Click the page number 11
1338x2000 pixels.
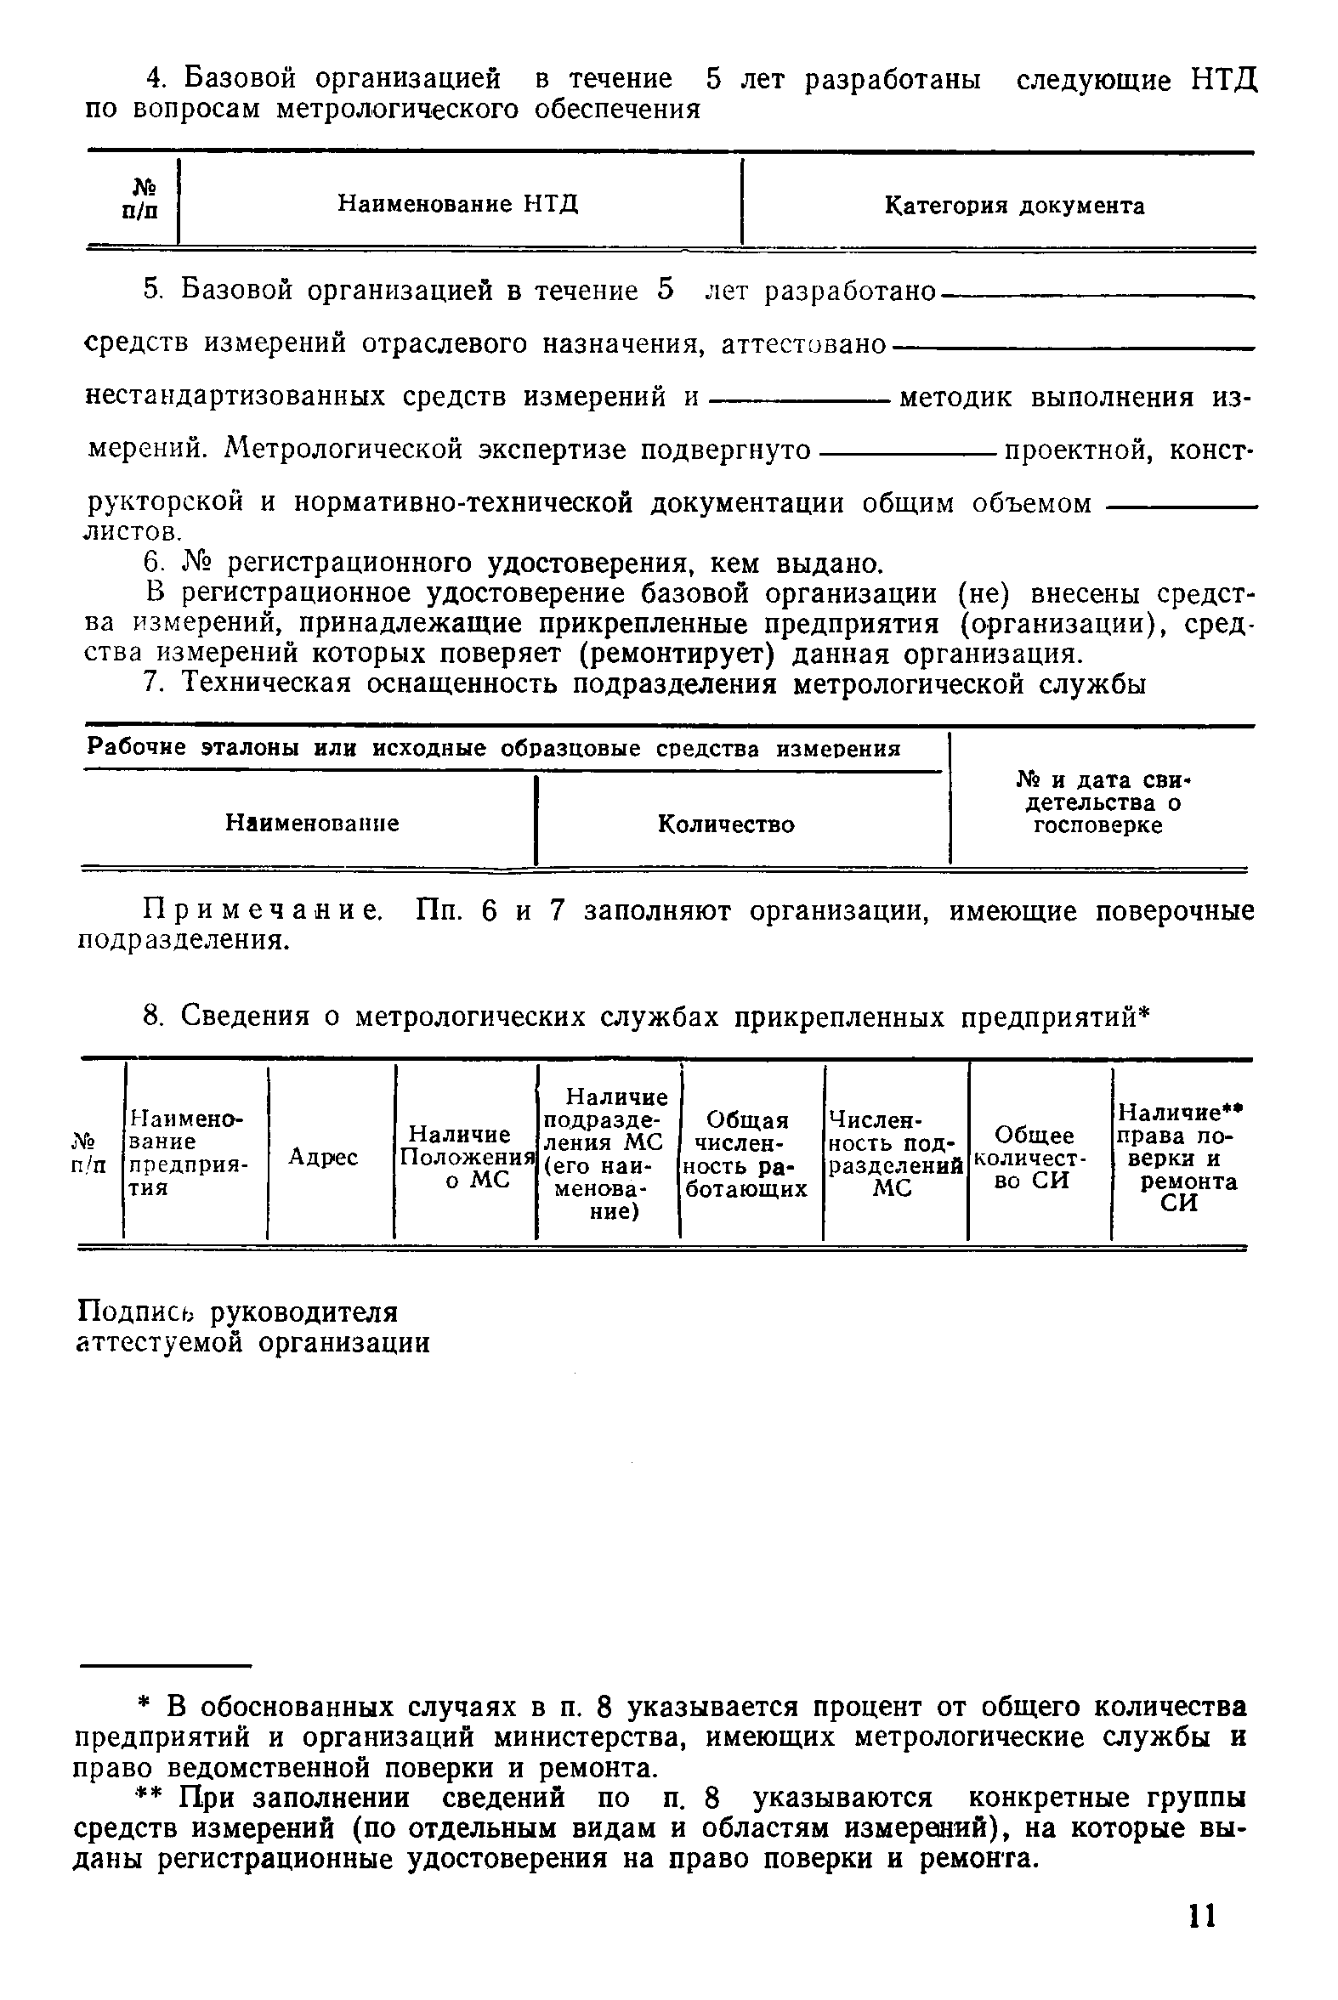1200,1916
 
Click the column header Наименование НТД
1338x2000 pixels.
458,204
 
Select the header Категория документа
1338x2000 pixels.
1014,206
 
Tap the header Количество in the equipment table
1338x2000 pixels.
726,824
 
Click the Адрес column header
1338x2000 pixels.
323,1157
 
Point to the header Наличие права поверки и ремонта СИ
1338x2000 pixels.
1180,1157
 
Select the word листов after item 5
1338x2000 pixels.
147,533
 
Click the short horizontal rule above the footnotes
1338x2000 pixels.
166,1663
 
